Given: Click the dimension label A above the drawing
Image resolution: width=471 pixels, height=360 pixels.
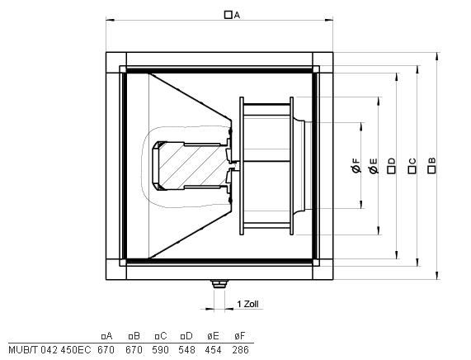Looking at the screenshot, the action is (233, 15).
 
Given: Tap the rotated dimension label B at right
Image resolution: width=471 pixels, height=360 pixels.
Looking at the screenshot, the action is (431, 165).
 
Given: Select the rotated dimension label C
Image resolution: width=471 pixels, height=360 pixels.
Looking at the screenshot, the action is (412, 166).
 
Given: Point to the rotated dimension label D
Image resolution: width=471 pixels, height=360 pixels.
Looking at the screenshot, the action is (391, 166).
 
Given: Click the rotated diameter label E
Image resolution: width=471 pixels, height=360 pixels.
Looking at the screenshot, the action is (373, 166).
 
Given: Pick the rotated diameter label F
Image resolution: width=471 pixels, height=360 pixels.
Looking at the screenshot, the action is (356, 165).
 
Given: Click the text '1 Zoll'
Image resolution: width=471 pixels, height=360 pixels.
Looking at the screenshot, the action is (247, 304).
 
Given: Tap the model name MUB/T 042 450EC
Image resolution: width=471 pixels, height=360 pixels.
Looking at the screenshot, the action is (49, 350).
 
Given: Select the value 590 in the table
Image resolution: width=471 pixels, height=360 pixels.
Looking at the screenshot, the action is (160, 350).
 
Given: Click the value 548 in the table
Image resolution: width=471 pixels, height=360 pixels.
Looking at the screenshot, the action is (186, 350).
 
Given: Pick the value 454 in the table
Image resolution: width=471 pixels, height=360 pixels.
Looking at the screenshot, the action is (214, 350).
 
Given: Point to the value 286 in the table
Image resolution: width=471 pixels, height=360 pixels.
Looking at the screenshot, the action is (240, 350).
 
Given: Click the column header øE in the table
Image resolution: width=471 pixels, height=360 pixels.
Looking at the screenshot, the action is (213, 335).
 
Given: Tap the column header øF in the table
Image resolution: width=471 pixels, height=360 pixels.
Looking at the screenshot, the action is (240, 335).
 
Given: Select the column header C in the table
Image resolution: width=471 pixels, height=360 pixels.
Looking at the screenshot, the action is (161, 335).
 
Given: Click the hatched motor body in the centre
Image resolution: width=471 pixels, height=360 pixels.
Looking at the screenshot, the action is (192, 166).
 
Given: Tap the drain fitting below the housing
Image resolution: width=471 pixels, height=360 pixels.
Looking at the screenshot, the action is (219, 283).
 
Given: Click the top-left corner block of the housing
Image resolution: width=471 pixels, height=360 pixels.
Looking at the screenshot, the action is (116, 63).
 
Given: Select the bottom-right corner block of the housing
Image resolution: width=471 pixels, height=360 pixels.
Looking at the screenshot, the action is (323, 269).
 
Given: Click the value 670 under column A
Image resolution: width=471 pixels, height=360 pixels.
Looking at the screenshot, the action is (106, 350).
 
